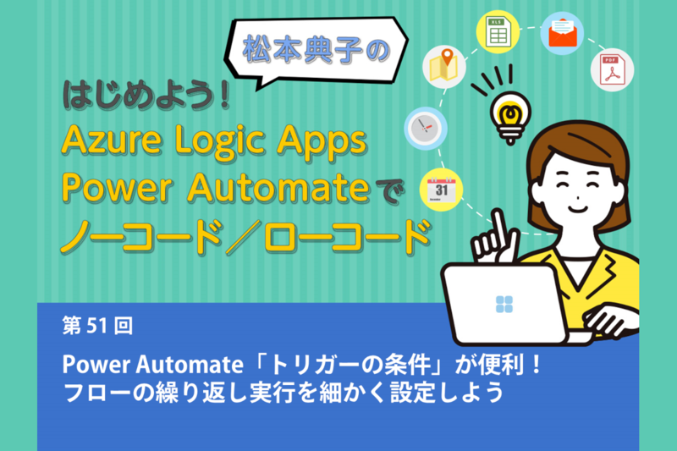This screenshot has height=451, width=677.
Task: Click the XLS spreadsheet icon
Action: [498, 32]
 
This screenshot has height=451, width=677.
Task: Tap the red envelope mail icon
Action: [562, 33]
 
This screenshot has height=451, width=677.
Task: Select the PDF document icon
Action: [612, 70]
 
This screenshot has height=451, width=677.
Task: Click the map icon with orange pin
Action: [444, 67]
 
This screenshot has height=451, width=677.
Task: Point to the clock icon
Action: [426, 129]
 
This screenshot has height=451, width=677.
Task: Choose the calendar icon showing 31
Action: [441, 190]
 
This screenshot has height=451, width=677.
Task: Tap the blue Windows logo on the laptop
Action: [504, 305]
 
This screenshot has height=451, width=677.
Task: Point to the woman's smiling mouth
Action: [578, 209]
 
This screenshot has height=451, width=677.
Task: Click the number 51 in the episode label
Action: [97, 326]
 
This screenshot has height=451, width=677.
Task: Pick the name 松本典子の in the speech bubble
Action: [316, 50]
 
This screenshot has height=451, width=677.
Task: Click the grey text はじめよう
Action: [139, 95]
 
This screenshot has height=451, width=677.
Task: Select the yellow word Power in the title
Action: [117, 188]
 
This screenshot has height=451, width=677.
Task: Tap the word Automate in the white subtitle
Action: [190, 365]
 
